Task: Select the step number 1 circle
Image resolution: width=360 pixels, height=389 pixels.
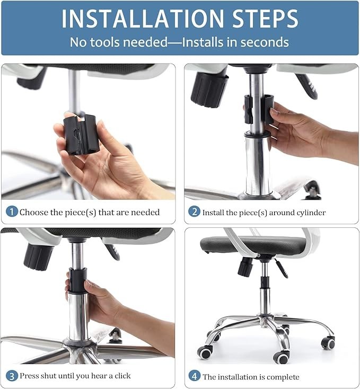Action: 12,212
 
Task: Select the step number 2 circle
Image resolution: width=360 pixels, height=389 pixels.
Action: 194,212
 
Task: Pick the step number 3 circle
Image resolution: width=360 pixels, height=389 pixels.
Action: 12,376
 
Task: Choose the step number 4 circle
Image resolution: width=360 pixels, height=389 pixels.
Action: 194,376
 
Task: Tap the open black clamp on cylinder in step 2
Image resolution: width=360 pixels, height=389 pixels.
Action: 258,109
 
